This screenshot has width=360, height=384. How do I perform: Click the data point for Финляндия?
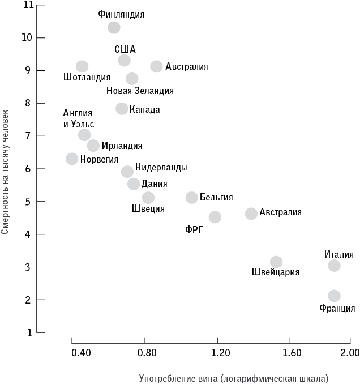point(114,27)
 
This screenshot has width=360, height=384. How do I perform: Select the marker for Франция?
point(334,296)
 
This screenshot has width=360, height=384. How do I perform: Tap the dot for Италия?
point(334,266)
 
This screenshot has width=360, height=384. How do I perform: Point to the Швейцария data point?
point(276,262)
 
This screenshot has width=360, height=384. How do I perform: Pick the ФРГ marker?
point(215,217)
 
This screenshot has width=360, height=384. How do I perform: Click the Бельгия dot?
point(192,198)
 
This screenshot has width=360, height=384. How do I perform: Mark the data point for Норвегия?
point(72,159)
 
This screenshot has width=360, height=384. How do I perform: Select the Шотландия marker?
point(82,66)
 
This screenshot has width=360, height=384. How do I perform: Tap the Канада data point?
point(122,108)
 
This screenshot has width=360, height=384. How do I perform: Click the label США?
point(125,49)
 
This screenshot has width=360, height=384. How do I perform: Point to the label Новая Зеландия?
point(140,91)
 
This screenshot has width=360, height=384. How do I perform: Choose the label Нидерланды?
point(161,168)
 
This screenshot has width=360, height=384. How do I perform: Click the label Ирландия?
point(122,146)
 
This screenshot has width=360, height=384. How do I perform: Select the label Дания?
point(154,183)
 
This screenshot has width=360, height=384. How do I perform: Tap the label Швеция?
point(148,208)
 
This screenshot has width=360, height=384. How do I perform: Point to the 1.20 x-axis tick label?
point(220,353)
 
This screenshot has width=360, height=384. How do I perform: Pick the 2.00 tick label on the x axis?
point(350,353)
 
